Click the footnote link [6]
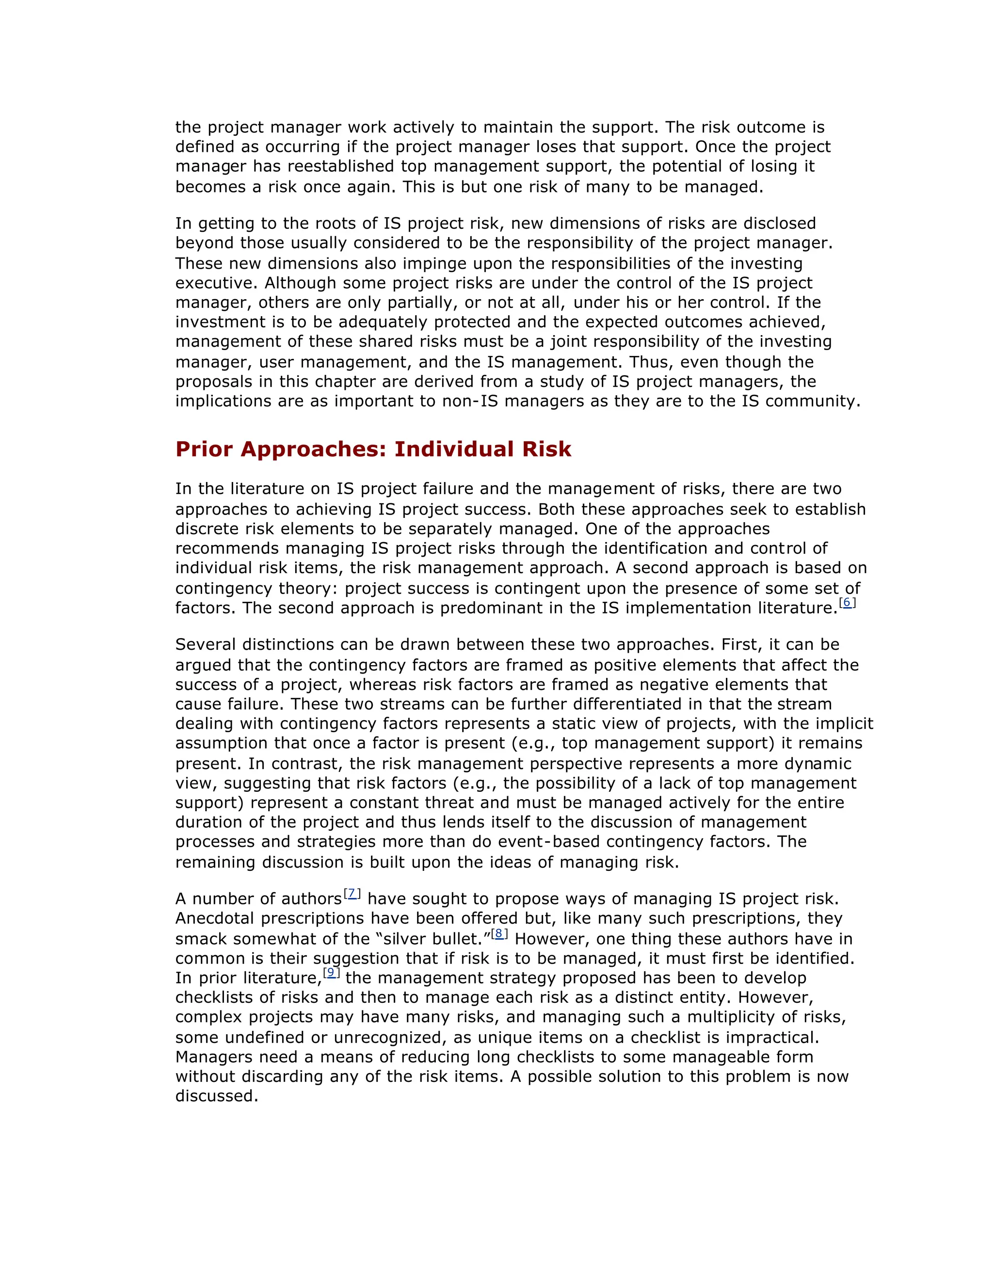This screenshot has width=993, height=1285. click(847, 602)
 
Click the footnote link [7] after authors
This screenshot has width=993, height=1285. click(352, 893)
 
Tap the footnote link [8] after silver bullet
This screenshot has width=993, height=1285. click(499, 933)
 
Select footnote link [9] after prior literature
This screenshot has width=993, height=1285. click(331, 972)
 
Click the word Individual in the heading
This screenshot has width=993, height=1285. click(446, 450)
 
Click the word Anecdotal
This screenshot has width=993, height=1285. click(215, 918)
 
